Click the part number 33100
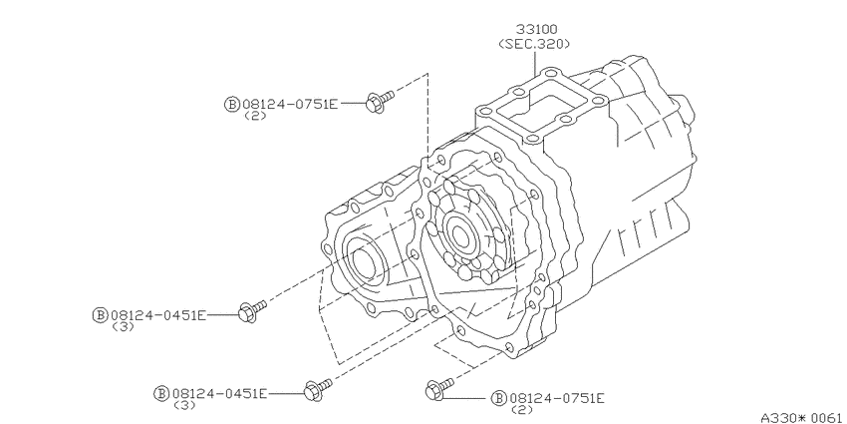click(536, 29)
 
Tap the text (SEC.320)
click(534, 44)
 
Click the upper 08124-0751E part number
click(290, 105)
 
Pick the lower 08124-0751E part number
click(556, 399)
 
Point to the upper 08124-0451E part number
click(157, 315)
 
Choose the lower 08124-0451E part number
click(219, 393)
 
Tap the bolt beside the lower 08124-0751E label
click(439, 389)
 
